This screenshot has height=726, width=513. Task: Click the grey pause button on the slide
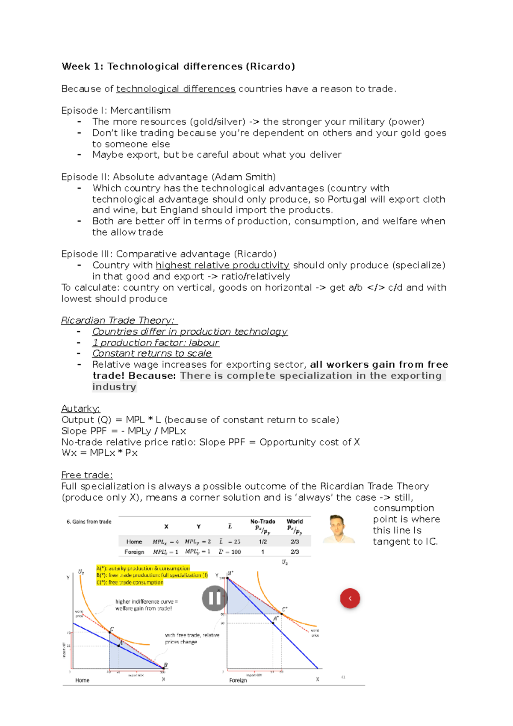click(x=214, y=598)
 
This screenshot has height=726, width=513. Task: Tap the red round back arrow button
click(x=350, y=598)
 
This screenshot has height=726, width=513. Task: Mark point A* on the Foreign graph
click(x=274, y=623)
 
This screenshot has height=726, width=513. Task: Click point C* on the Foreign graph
click(x=282, y=614)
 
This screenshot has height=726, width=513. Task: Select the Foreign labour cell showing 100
click(x=230, y=552)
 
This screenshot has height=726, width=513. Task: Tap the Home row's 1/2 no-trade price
click(x=262, y=542)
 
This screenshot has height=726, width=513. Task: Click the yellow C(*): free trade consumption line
click(x=130, y=582)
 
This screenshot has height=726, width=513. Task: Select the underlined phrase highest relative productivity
click(x=222, y=265)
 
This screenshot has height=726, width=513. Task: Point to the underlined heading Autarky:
click(x=80, y=408)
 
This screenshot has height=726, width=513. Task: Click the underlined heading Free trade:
click(x=87, y=475)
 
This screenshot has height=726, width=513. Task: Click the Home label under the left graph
click(x=82, y=680)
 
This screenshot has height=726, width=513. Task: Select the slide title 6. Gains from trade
click(x=89, y=522)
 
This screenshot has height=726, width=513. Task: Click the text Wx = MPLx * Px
click(x=99, y=453)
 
